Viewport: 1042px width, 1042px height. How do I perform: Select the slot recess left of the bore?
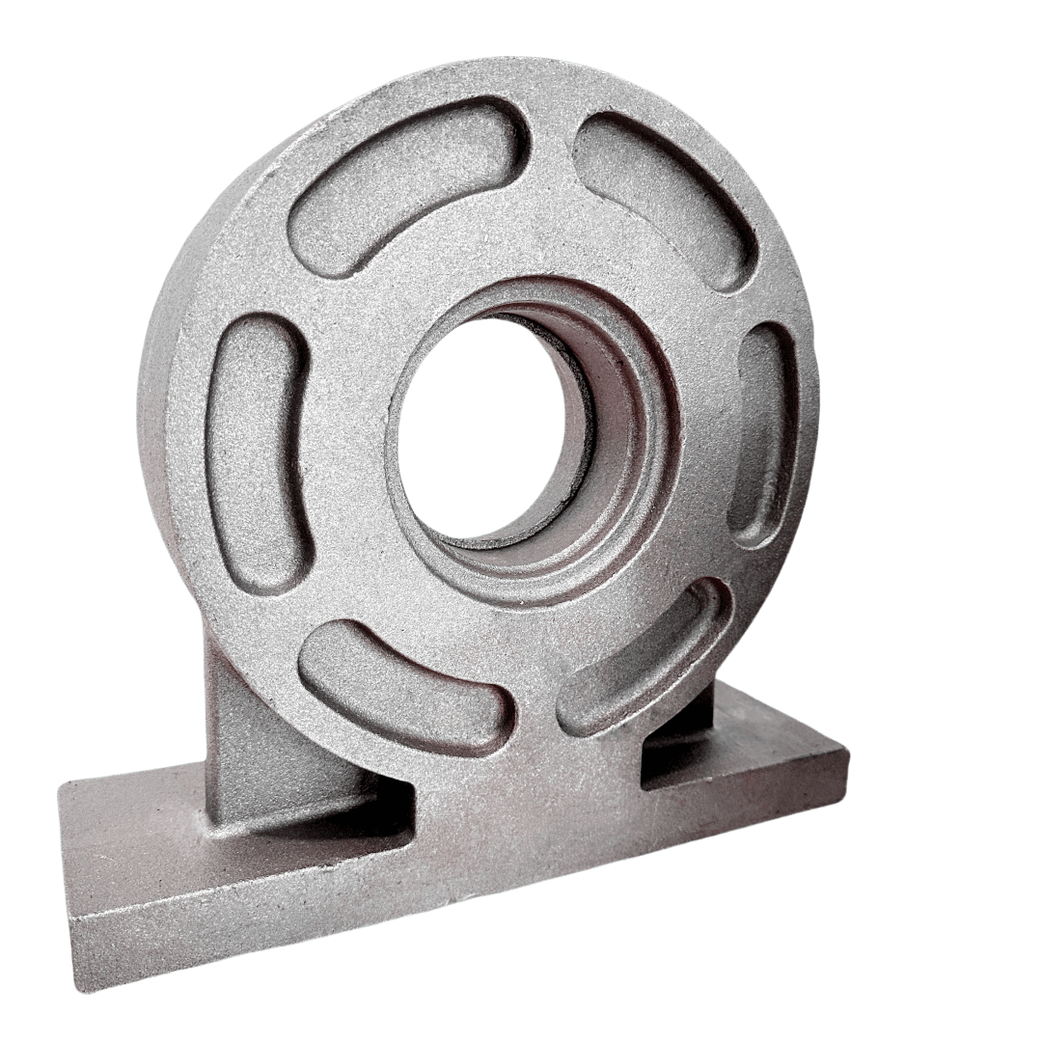pyautogui.click(x=255, y=445)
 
